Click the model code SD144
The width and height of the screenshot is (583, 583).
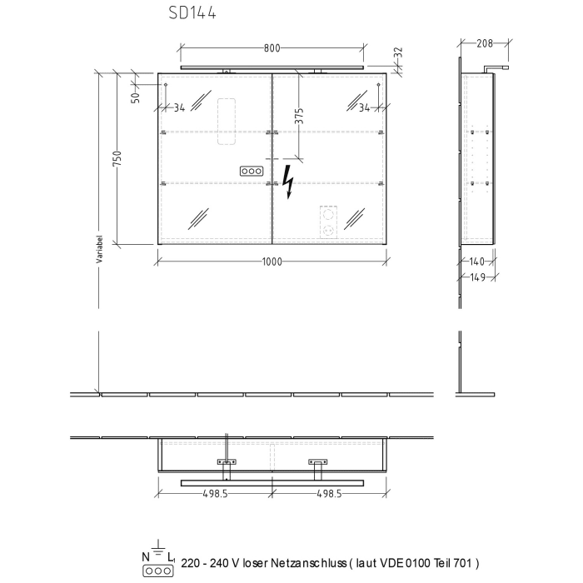point(192,13)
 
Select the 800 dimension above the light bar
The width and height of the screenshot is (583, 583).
point(272,48)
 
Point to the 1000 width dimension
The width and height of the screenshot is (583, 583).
point(272,262)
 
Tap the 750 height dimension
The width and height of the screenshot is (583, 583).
point(117,158)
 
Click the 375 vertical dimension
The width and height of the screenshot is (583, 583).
point(299,116)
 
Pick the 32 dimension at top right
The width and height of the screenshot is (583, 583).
point(398,52)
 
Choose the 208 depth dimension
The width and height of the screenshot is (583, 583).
point(485,43)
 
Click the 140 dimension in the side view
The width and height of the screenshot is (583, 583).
point(476,262)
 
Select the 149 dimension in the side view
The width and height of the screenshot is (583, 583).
point(478,277)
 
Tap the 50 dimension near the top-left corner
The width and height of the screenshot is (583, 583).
point(136,97)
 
